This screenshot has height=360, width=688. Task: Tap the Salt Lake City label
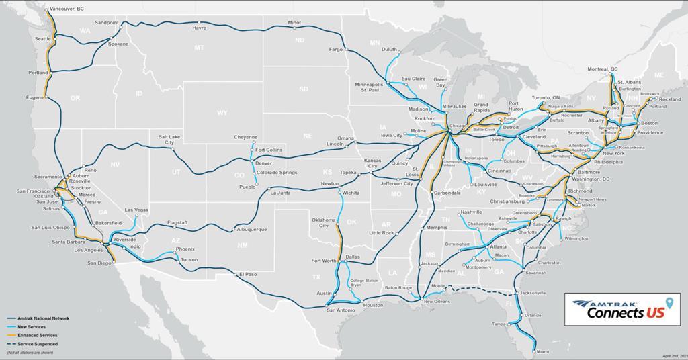point(170,139)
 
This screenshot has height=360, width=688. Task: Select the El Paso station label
point(247,274)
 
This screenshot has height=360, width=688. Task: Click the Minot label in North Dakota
point(294,23)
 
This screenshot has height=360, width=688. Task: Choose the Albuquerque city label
point(251,230)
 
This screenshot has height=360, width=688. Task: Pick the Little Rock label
point(381,232)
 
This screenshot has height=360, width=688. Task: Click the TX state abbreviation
point(315,277)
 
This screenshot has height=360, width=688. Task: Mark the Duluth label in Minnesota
point(390,49)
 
